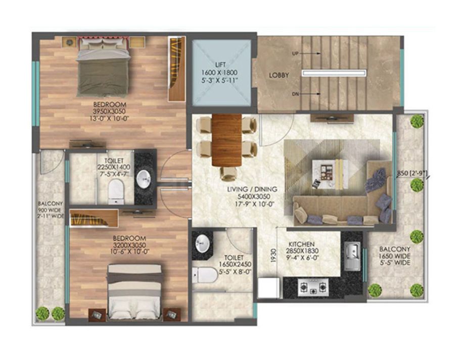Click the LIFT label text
[220, 65]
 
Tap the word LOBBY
[279, 75]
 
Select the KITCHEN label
[302, 244]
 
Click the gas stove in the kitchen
[313, 287]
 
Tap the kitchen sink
[352, 256]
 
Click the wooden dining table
[226, 140]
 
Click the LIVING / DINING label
[252, 189]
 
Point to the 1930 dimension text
[273, 255]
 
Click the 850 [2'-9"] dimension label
[411, 174]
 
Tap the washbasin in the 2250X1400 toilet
[144, 179]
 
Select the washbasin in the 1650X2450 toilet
[203, 243]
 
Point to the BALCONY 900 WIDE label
[50, 210]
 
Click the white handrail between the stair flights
[334, 73]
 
